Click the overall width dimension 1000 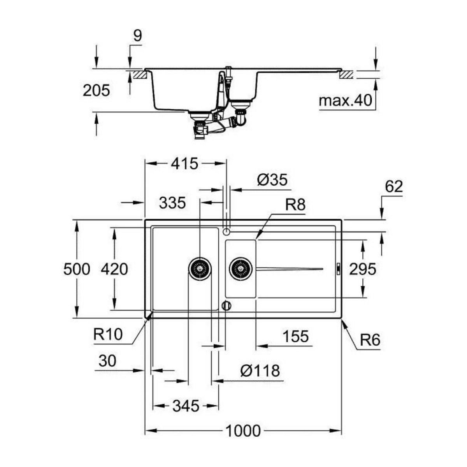point(243,431)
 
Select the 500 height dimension point(77,269)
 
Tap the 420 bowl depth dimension point(114,269)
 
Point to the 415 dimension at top point(185,164)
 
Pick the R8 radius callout point(295,205)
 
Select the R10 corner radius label point(108,334)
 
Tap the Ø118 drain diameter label point(260,370)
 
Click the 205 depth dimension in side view point(97,91)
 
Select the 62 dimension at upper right point(393,187)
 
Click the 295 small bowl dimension point(362,269)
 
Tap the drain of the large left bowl point(200,268)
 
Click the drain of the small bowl point(241,268)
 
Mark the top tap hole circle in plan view point(226,232)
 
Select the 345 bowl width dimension point(185,406)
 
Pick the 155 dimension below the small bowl point(295,336)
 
